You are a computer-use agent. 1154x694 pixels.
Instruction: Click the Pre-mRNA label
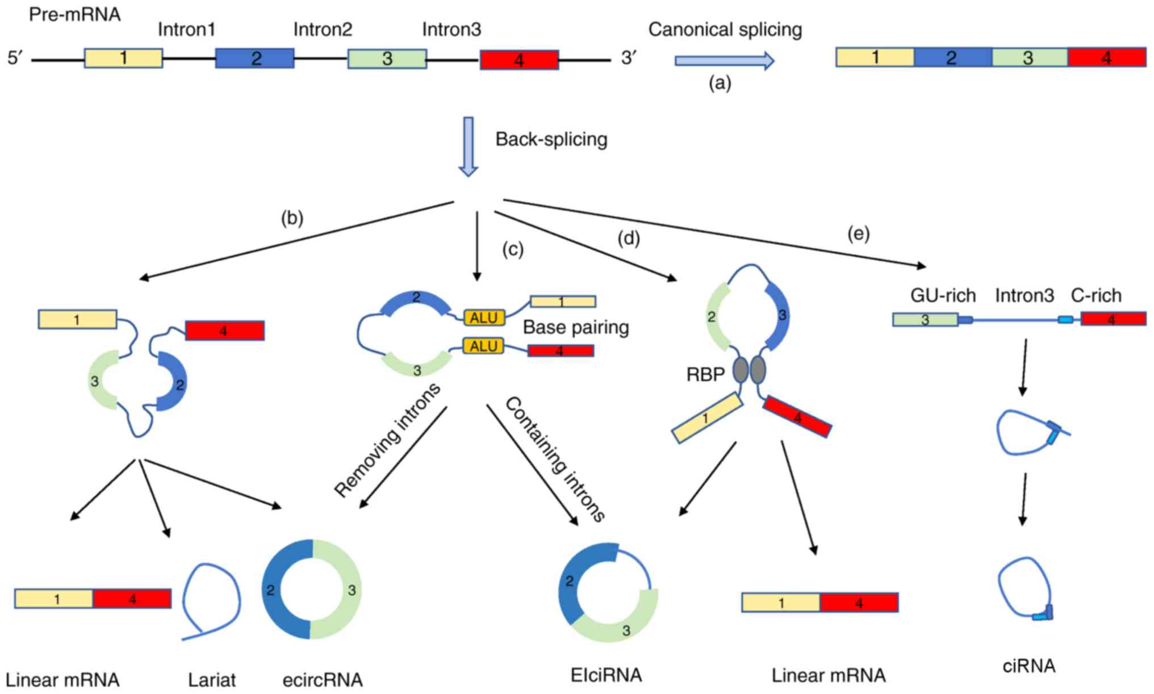(74, 15)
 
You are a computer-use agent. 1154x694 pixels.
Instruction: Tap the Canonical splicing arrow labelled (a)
(724, 60)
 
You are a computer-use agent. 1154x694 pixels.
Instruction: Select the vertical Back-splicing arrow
(469, 146)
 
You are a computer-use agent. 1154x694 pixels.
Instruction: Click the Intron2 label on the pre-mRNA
(323, 30)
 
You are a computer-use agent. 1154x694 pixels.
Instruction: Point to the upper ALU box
(484, 317)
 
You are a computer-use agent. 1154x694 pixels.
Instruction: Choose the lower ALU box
(484, 346)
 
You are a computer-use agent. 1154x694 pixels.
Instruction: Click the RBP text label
(705, 375)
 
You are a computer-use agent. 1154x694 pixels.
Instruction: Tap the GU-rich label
(943, 295)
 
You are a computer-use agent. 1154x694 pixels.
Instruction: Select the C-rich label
(1096, 295)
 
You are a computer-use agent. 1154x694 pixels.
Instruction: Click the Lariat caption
(212, 680)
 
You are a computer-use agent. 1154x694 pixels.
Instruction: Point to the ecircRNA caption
(323, 680)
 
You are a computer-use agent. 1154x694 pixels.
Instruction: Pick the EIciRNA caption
(606, 675)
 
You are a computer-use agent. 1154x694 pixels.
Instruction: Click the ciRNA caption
(1028, 666)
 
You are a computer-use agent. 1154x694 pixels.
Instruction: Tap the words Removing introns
(387, 440)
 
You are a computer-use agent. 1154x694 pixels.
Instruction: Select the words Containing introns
(555, 459)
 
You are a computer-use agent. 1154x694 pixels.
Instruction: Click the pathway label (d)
(629, 239)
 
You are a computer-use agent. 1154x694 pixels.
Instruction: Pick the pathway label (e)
(858, 234)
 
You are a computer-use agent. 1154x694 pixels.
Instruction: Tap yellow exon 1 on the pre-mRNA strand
(123, 58)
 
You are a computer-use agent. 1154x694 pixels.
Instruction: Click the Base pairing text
(575, 327)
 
